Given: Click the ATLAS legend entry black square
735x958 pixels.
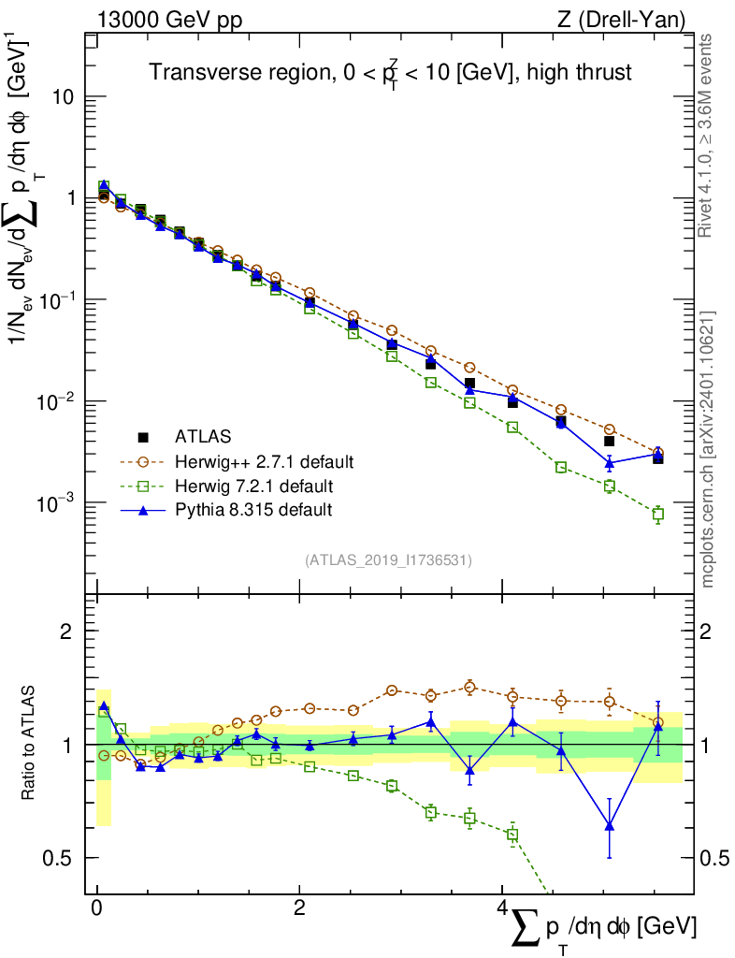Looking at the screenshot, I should pos(144,436).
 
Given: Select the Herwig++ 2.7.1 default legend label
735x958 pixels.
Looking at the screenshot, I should pos(264,461).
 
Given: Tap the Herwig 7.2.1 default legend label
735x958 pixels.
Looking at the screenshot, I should pos(254,486).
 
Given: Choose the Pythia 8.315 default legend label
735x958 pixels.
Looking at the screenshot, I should pos(253,510).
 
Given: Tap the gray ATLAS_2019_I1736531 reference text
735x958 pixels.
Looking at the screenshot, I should pos(388,560).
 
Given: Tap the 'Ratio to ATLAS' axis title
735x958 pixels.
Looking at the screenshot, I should pos(29,743).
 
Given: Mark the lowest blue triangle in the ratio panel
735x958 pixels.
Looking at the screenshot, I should pos(610,825).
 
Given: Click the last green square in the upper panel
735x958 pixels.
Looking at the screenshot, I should pos(658,514).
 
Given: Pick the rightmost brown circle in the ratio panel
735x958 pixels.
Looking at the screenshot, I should pos(658,722).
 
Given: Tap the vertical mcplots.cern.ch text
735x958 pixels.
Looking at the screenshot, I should pos(707,449).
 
